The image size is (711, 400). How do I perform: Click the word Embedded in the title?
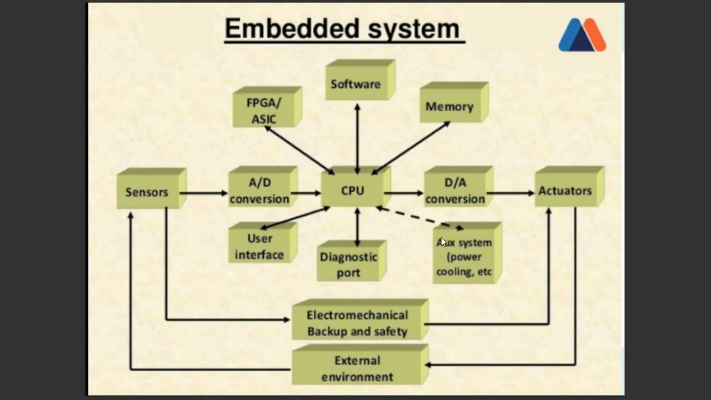(x=292, y=28)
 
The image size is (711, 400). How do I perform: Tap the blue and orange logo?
(x=582, y=34)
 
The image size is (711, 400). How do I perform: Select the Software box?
(x=360, y=79)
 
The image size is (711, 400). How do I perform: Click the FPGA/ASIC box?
(x=267, y=107)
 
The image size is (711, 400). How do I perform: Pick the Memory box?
(x=454, y=102)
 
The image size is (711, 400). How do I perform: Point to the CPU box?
(x=356, y=186)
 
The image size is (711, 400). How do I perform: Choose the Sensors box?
(x=152, y=188)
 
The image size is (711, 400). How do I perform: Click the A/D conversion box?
(x=263, y=186)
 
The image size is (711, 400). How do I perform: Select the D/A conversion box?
(x=459, y=186)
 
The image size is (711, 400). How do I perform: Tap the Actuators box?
(x=569, y=186)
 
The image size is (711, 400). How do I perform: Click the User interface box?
(x=263, y=243)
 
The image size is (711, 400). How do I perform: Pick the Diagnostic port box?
(x=352, y=261)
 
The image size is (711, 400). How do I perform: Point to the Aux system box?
(x=467, y=253)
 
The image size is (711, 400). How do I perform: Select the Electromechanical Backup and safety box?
(x=360, y=319)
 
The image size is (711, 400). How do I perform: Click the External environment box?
(x=360, y=365)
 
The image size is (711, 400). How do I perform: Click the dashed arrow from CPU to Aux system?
(x=419, y=218)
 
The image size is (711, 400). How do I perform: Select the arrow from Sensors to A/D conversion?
(x=203, y=193)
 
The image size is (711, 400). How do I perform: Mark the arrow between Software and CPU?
(x=357, y=139)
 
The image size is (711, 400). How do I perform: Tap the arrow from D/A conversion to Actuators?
(x=510, y=193)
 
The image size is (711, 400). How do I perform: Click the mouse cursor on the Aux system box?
(x=443, y=242)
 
